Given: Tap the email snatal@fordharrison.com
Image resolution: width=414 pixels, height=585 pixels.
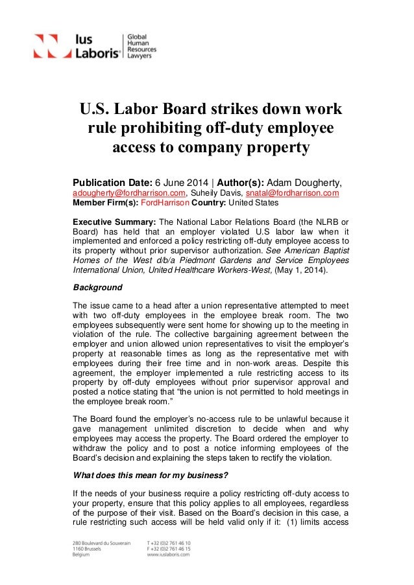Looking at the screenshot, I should click(291, 192).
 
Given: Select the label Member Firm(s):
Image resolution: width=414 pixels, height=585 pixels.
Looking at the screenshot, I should click(104, 202).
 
